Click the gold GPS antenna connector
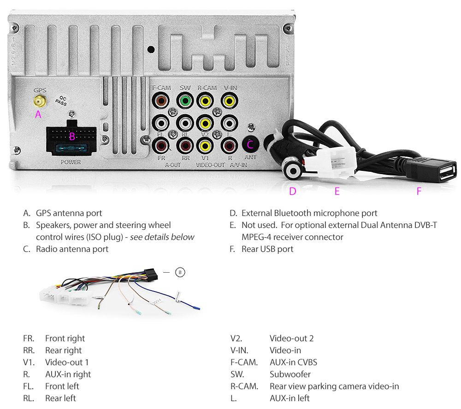[38, 101]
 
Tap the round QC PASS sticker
[61, 101]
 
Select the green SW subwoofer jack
[185, 100]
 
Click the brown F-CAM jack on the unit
[161, 100]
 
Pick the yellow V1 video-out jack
[205, 146]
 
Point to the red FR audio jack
[161, 146]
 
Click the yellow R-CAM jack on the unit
[206, 100]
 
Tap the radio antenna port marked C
[250, 144]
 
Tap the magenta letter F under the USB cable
[419, 192]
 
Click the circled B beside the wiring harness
[180, 273]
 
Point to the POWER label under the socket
[71, 162]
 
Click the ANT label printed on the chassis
[250, 158]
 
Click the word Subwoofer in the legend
[290, 374]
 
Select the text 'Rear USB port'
[267, 249]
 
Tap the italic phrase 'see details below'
[162, 237]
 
